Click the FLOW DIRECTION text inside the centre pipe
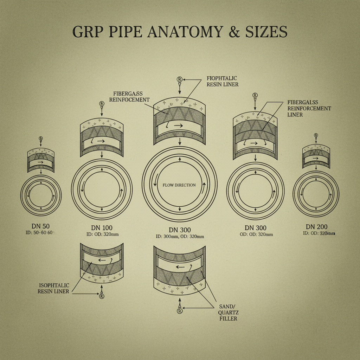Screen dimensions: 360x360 [179, 185]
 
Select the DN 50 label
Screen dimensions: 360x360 [41, 226]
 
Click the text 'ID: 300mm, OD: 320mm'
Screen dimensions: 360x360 [180, 237]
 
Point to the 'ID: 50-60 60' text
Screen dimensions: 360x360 [41, 232]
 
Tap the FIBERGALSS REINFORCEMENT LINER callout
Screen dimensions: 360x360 [309, 108]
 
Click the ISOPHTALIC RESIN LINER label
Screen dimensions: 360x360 [53, 288]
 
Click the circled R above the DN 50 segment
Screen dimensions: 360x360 [41, 139]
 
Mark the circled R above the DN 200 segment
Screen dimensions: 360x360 [316, 135]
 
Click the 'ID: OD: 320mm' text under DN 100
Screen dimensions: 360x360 [101, 234]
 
